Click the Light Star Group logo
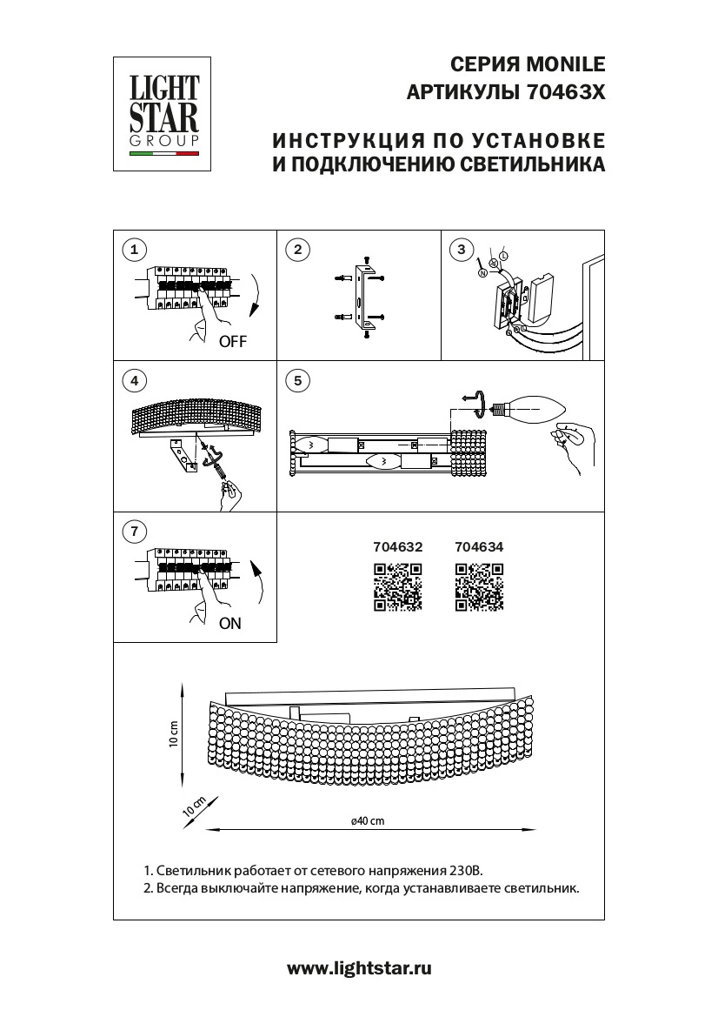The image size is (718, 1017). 165,114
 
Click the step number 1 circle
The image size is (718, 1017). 133,251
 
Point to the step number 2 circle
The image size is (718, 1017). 297,251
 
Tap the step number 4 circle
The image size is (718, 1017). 133,380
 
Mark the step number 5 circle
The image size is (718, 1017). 297,380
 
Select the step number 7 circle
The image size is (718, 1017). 133,531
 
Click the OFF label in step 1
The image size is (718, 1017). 233,342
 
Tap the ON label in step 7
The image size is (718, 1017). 230,623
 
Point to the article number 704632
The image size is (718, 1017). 397,548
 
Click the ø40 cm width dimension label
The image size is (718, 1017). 367,820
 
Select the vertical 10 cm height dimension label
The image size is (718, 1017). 173,735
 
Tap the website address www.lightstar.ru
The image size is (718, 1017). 359,967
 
